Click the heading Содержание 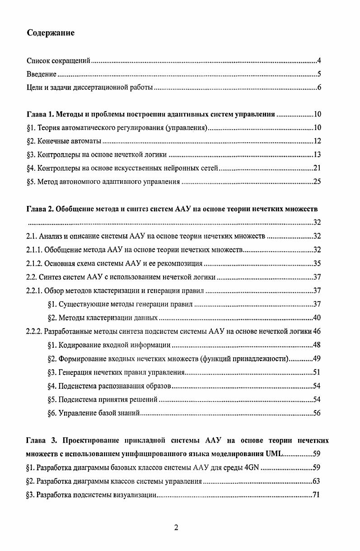[51, 33]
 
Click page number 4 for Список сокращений [319, 61]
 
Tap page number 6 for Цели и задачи [319, 88]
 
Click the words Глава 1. [41, 115]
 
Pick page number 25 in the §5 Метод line [317, 182]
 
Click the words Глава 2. [41, 209]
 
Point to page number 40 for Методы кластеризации [317, 318]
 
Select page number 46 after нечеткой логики [317, 331]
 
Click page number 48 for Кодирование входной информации [317, 345]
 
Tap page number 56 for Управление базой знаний [317, 413]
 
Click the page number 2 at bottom [176, 528]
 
